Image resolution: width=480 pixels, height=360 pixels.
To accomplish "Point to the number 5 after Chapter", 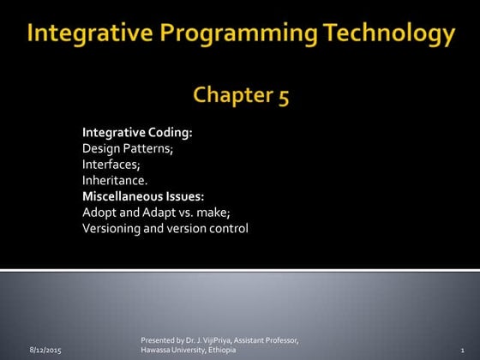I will coord(281,95).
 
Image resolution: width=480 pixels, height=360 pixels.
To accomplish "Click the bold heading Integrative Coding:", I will coord(137,133).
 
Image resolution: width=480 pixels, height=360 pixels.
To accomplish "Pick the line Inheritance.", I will coord(115,180).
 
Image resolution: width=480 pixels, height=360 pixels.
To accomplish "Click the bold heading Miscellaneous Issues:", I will coord(142,196).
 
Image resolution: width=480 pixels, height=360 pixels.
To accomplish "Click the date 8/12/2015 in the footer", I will coord(45,351).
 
